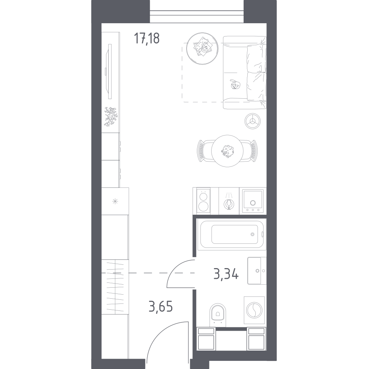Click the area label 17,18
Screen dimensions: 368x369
tap(147, 38)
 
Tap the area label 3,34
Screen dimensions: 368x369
tap(226, 274)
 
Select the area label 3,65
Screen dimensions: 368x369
tap(160, 306)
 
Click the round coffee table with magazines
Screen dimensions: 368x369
tap(202, 48)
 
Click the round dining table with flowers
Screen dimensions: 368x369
tap(227, 151)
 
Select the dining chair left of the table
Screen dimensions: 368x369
tap(205, 151)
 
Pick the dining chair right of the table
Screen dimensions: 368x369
tap(250, 151)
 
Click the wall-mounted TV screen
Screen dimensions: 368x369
tap(109, 71)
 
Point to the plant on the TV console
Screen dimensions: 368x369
tap(110, 117)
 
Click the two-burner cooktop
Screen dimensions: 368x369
tap(204, 201)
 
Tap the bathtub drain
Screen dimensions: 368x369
tap(252, 234)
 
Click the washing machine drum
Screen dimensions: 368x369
tap(254, 310)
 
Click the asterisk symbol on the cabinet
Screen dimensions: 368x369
tap(115, 201)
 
